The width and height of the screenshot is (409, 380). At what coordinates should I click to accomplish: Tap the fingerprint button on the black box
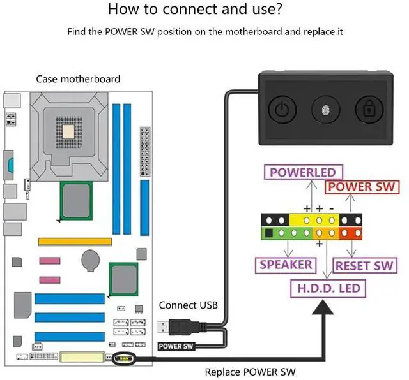click(x=324, y=110)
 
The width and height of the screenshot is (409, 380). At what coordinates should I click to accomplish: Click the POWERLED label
click(x=302, y=172)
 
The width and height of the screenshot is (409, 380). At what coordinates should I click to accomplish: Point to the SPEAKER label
click(x=286, y=265)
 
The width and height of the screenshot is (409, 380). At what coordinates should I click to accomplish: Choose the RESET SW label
click(x=365, y=265)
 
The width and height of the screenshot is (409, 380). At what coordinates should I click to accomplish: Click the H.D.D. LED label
click(x=328, y=288)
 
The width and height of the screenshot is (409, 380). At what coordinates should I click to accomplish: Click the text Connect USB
click(x=188, y=305)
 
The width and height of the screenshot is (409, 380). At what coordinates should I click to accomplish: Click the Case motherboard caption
click(x=78, y=79)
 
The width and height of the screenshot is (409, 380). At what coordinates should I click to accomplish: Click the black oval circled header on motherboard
click(x=121, y=360)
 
